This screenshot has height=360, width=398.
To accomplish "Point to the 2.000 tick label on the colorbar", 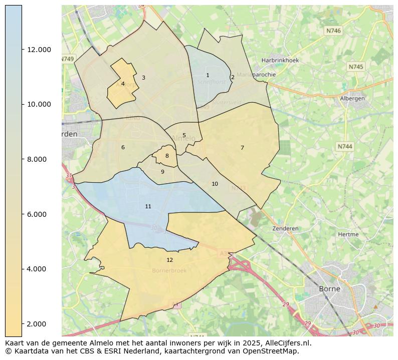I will (x=39, y=324).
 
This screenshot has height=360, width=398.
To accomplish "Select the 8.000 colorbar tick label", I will (x=39, y=159).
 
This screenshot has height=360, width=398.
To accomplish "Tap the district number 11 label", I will (x=148, y=206).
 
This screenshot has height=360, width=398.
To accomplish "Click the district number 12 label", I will (x=169, y=260).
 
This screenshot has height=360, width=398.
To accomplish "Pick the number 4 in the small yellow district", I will (x=123, y=84).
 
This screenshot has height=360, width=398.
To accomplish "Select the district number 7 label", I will (x=242, y=148).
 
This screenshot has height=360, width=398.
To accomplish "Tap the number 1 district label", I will (x=208, y=76).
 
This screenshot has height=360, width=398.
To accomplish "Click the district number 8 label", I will (x=167, y=156).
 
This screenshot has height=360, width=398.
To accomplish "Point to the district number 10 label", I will (x=215, y=184).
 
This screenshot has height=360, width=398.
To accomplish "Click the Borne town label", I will (x=329, y=289).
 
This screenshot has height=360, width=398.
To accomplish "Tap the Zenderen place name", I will (x=285, y=228).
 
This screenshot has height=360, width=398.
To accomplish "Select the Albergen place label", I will (x=352, y=99).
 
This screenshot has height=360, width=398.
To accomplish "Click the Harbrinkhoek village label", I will (x=280, y=61).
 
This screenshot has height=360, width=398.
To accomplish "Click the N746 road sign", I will (x=333, y=31).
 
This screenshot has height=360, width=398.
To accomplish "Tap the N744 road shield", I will (x=345, y=146).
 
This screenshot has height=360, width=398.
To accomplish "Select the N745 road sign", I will (x=356, y=67).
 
